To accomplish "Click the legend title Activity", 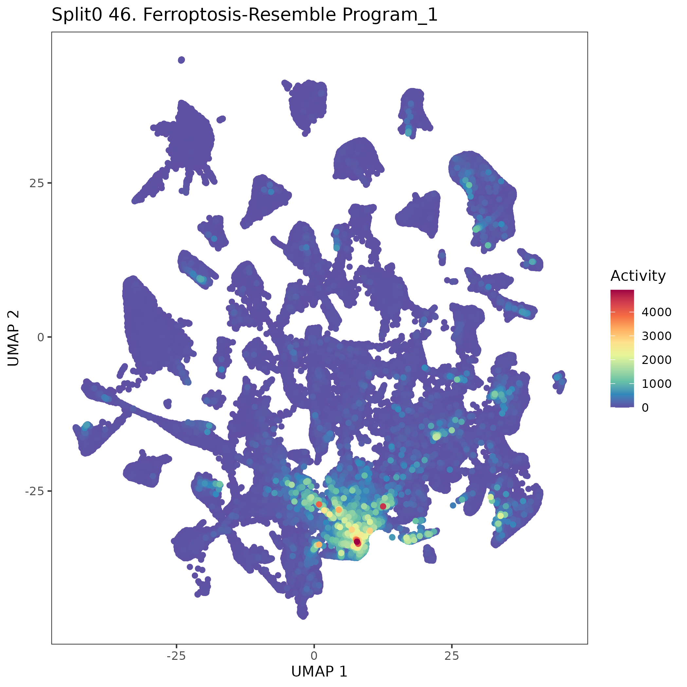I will click(x=638, y=276).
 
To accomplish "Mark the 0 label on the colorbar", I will click(x=645, y=407).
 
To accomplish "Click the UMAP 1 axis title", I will click(x=319, y=671).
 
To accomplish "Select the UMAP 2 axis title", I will click(x=13, y=337).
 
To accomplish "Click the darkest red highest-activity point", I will click(x=357, y=541).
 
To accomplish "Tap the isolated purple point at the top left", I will click(x=181, y=60).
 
